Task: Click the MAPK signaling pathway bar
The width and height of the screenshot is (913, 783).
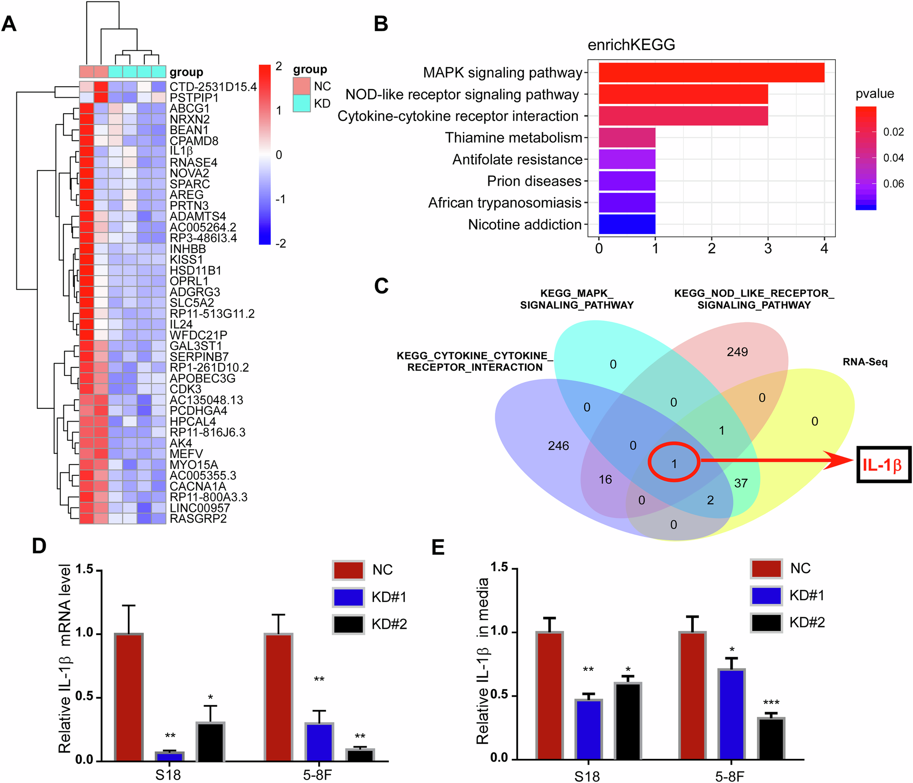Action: (711, 73)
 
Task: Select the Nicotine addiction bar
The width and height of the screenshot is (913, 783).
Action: (627, 224)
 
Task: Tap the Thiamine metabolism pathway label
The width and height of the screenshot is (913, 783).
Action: (514, 138)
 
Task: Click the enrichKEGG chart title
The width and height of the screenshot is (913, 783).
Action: (631, 45)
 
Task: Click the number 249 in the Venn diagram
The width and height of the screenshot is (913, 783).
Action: (737, 352)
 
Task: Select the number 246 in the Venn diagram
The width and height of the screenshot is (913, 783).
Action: (558, 446)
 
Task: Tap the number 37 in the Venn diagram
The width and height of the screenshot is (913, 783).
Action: (740, 483)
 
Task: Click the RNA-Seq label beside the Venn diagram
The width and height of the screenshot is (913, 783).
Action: (865, 362)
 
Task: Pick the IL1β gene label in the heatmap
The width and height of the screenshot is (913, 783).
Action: (181, 151)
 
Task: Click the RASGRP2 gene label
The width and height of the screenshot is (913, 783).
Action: (198, 519)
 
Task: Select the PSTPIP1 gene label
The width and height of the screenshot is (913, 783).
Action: (194, 98)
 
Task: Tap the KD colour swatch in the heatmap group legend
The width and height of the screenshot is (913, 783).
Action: (301, 103)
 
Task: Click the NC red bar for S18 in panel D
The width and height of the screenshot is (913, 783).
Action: (129, 697)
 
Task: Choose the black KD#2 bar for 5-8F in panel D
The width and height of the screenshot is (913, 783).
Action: (360, 755)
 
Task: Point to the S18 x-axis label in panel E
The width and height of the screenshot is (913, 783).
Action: (587, 776)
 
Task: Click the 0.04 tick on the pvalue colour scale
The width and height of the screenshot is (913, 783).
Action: (893, 158)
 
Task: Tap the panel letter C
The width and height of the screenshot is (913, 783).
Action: (381, 286)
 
